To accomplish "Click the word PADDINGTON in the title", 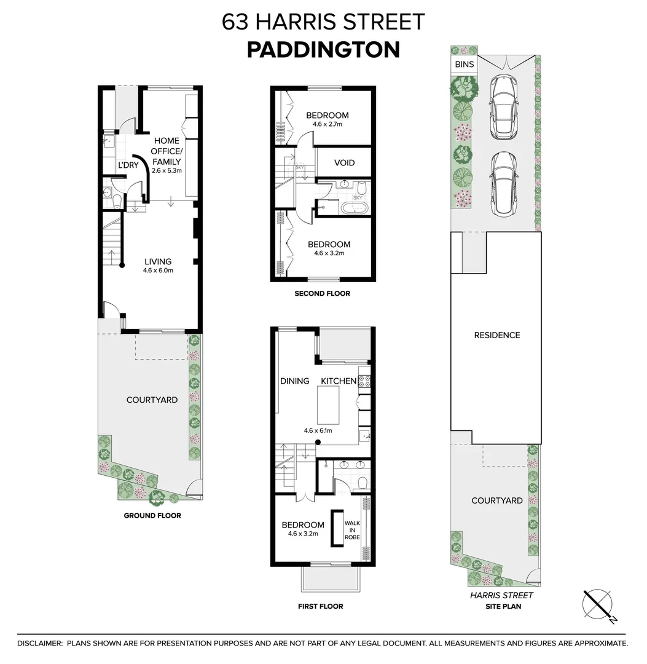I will click(x=323, y=50).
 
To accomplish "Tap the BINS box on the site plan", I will click(x=464, y=65).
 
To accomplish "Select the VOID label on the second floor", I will click(x=344, y=164).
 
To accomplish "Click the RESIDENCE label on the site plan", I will click(x=496, y=335).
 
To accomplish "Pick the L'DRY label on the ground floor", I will click(x=128, y=165).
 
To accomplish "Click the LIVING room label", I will click(x=158, y=261).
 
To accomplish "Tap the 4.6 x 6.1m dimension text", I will click(x=318, y=430).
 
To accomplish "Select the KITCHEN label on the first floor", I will click(x=339, y=381).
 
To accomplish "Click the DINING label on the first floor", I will click(x=295, y=381).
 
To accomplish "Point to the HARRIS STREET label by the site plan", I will click(x=501, y=595).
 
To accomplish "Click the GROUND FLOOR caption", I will click(x=152, y=515).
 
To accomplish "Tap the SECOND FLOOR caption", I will click(x=323, y=293).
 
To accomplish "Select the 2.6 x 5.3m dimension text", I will click(x=167, y=170).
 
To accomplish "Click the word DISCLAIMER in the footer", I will click(x=39, y=643).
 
